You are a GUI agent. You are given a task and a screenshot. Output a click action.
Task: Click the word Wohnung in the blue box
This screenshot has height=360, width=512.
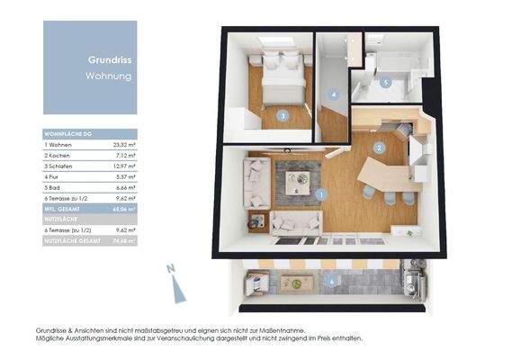click(109, 76)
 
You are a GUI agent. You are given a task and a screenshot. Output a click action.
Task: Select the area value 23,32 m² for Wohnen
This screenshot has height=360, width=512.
click(124, 144)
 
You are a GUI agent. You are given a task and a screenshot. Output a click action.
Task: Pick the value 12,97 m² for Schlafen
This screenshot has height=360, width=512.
click(124, 166)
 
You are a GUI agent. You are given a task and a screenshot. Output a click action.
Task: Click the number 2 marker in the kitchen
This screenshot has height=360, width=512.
click(380, 148)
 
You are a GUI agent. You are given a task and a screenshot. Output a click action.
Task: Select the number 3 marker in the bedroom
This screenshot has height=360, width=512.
click(283, 115)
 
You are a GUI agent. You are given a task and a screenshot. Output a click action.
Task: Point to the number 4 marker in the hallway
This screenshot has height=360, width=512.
click(334, 94)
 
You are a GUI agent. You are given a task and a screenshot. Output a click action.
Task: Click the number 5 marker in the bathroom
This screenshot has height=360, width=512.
click(385, 83)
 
